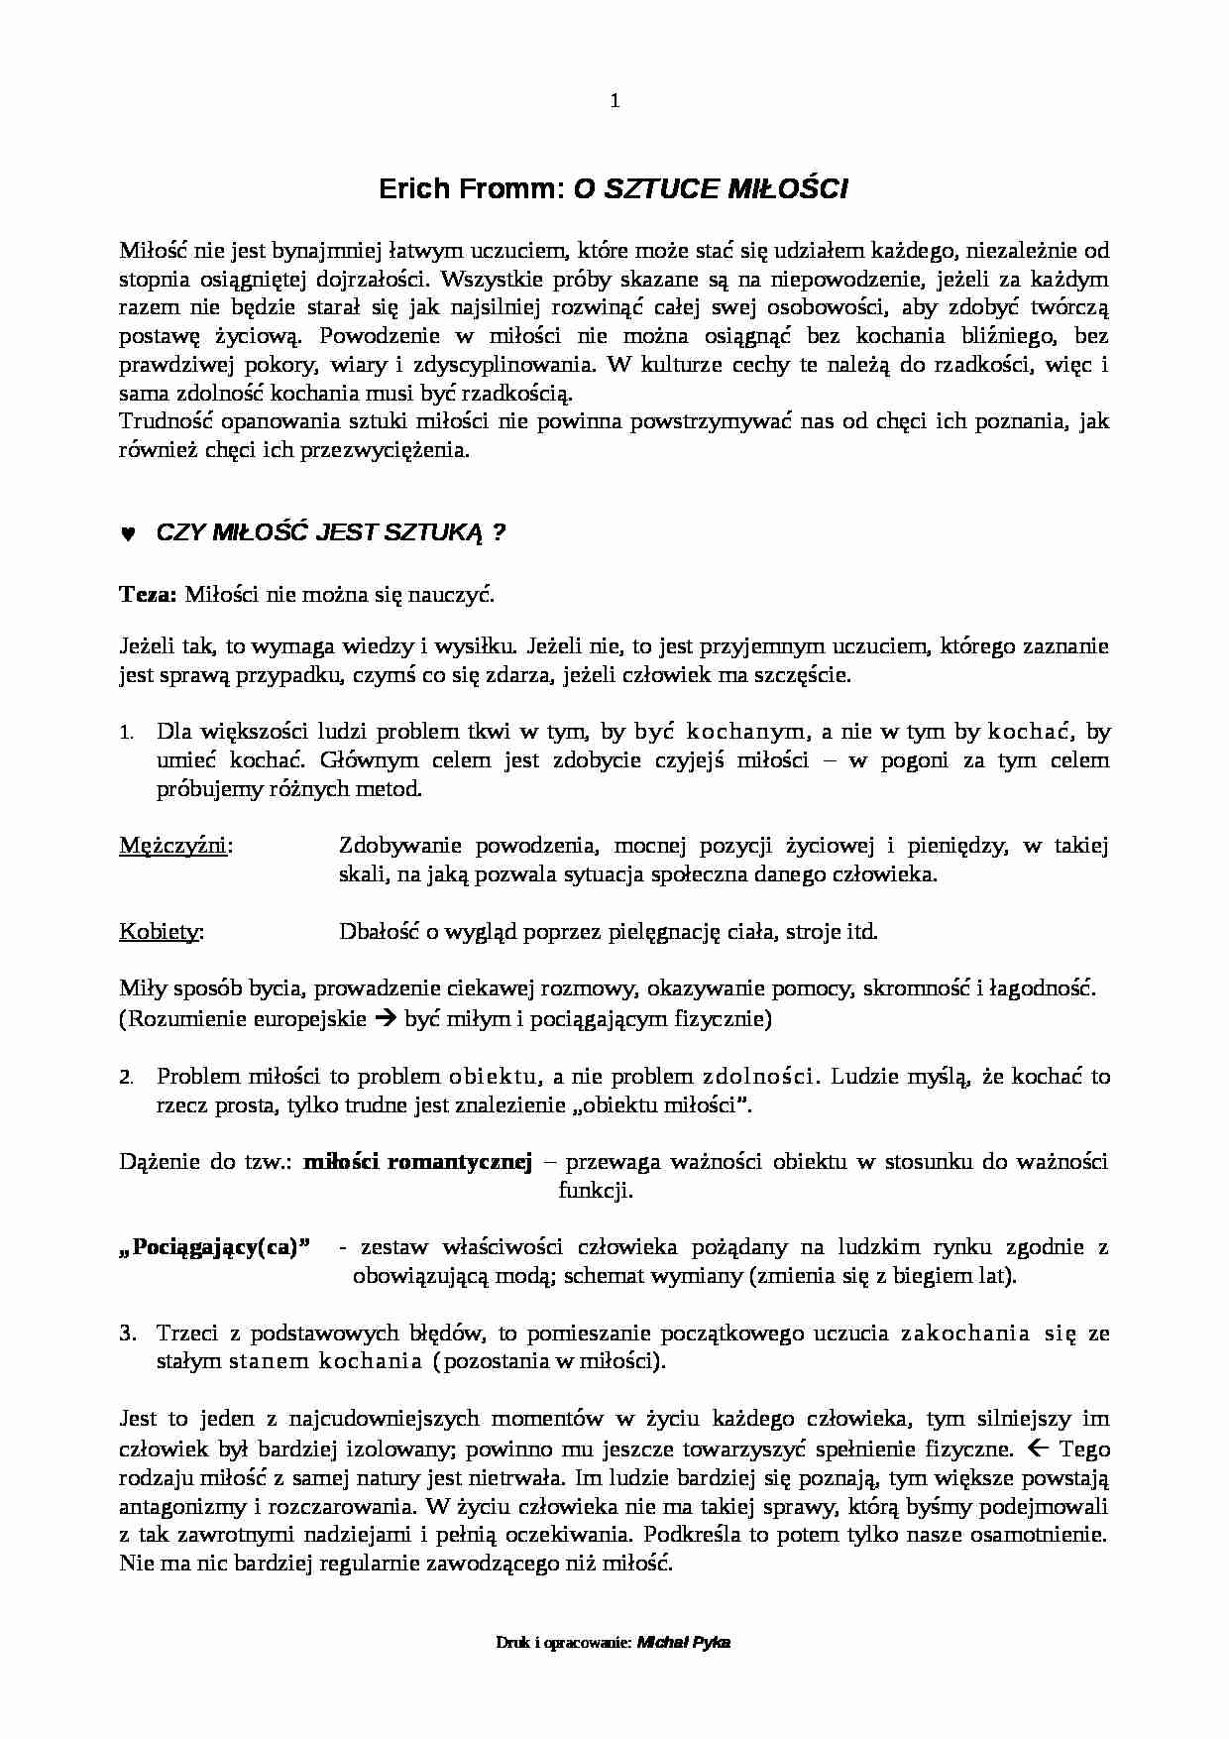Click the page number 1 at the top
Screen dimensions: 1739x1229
pyautogui.click(x=614, y=100)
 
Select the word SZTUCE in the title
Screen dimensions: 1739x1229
pyautogui.click(x=655, y=189)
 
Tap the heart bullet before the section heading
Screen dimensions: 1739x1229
pyautogui.click(x=127, y=533)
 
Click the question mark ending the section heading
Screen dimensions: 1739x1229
pyautogui.click(x=499, y=532)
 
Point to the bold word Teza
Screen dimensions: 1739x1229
pyautogui.click(x=147, y=595)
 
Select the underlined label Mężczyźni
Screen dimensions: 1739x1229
pyautogui.click(x=175, y=846)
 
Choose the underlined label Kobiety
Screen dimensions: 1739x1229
pyautogui.click(x=161, y=932)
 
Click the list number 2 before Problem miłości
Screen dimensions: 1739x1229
pyautogui.click(x=126, y=1077)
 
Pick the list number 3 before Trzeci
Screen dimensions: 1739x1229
pyautogui.click(x=126, y=1333)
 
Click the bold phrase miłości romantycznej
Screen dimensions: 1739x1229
pyautogui.click(x=417, y=1161)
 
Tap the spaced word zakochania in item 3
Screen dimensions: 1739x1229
pyautogui.click(x=964, y=1333)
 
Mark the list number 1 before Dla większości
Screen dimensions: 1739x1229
pyautogui.click(x=126, y=734)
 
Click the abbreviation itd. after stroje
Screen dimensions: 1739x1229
pyautogui.click(x=861, y=932)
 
